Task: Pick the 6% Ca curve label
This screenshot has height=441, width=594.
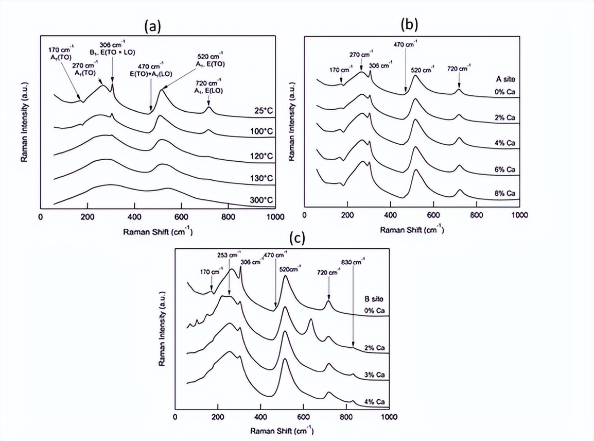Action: (504, 169)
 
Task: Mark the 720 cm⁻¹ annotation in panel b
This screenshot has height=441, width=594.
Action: (459, 69)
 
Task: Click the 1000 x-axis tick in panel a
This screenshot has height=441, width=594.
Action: (274, 217)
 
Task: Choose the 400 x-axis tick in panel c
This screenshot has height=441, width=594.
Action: (260, 417)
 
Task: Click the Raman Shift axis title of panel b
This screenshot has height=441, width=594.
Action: (412, 230)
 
